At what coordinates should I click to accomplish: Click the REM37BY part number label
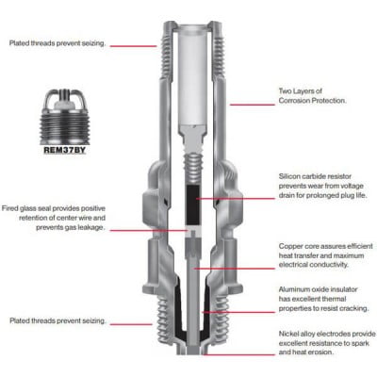64,150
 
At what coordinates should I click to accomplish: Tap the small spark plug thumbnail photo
65,117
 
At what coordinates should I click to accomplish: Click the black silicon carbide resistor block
193,205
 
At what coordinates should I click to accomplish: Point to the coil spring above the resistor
193,169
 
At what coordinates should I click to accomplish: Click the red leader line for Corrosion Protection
252,105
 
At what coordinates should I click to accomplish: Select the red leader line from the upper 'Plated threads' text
133,46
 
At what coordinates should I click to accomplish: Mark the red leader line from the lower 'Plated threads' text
132,324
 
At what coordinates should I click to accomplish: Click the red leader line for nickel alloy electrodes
239,354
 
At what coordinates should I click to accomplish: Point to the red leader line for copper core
234,269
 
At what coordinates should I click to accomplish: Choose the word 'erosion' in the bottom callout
322,352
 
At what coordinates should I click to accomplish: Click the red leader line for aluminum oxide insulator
238,312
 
